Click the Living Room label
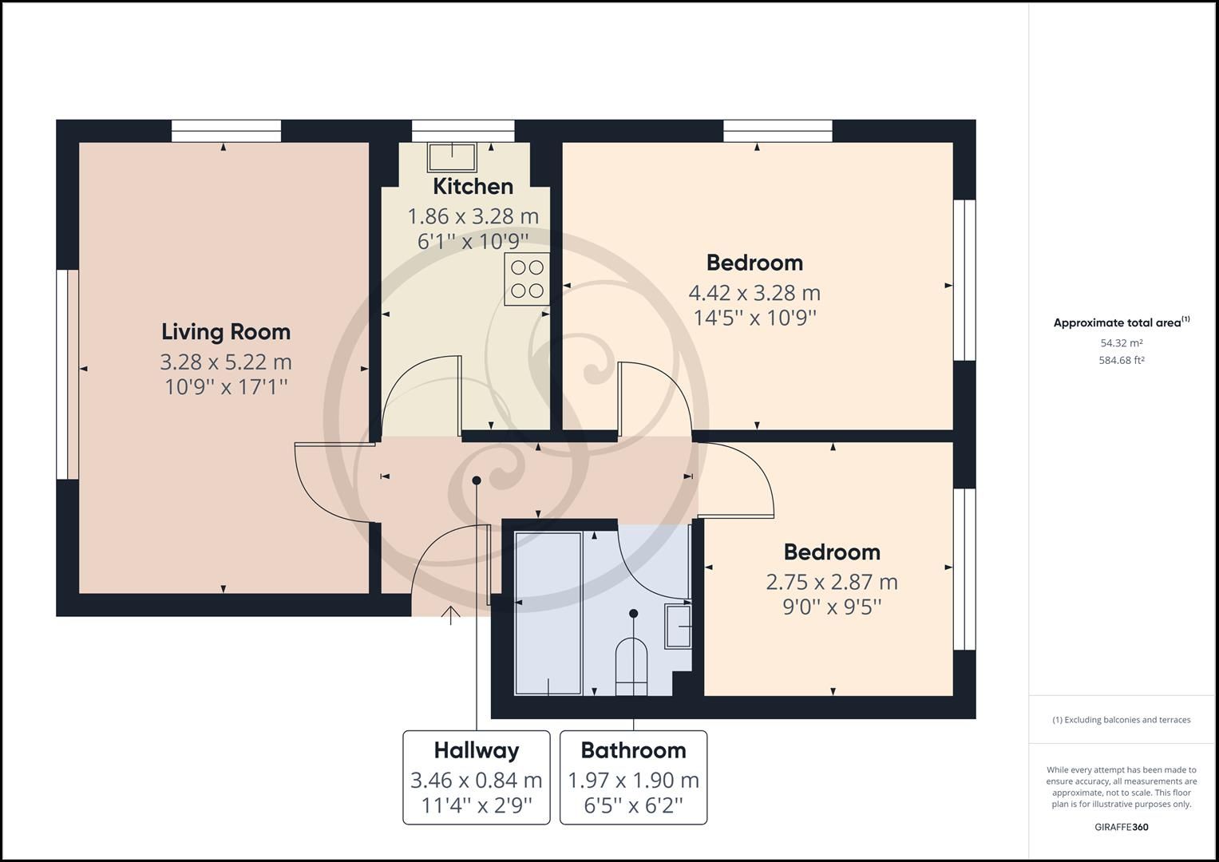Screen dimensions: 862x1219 (x=226, y=332)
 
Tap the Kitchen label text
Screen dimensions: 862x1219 (x=473, y=187)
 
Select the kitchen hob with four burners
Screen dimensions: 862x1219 (x=527, y=279)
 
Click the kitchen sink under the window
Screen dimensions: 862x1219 (x=452, y=157)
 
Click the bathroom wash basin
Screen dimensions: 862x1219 (x=679, y=627)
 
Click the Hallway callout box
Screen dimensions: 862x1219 (x=476, y=777)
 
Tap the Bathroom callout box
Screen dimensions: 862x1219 (x=633, y=777)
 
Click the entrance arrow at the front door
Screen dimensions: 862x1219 (x=451, y=615)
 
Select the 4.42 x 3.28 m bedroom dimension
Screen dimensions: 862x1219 (x=754, y=293)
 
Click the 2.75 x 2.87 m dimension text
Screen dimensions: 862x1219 (x=832, y=582)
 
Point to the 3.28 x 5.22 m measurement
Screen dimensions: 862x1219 (x=226, y=362)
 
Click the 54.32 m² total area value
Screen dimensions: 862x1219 (x=1121, y=343)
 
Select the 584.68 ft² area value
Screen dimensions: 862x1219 (x=1121, y=360)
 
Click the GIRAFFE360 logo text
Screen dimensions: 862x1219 (x=1121, y=827)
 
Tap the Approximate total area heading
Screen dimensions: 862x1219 (x=1121, y=322)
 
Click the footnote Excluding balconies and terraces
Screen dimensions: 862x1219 (x=1121, y=720)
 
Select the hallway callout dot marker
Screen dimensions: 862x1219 (x=477, y=480)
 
